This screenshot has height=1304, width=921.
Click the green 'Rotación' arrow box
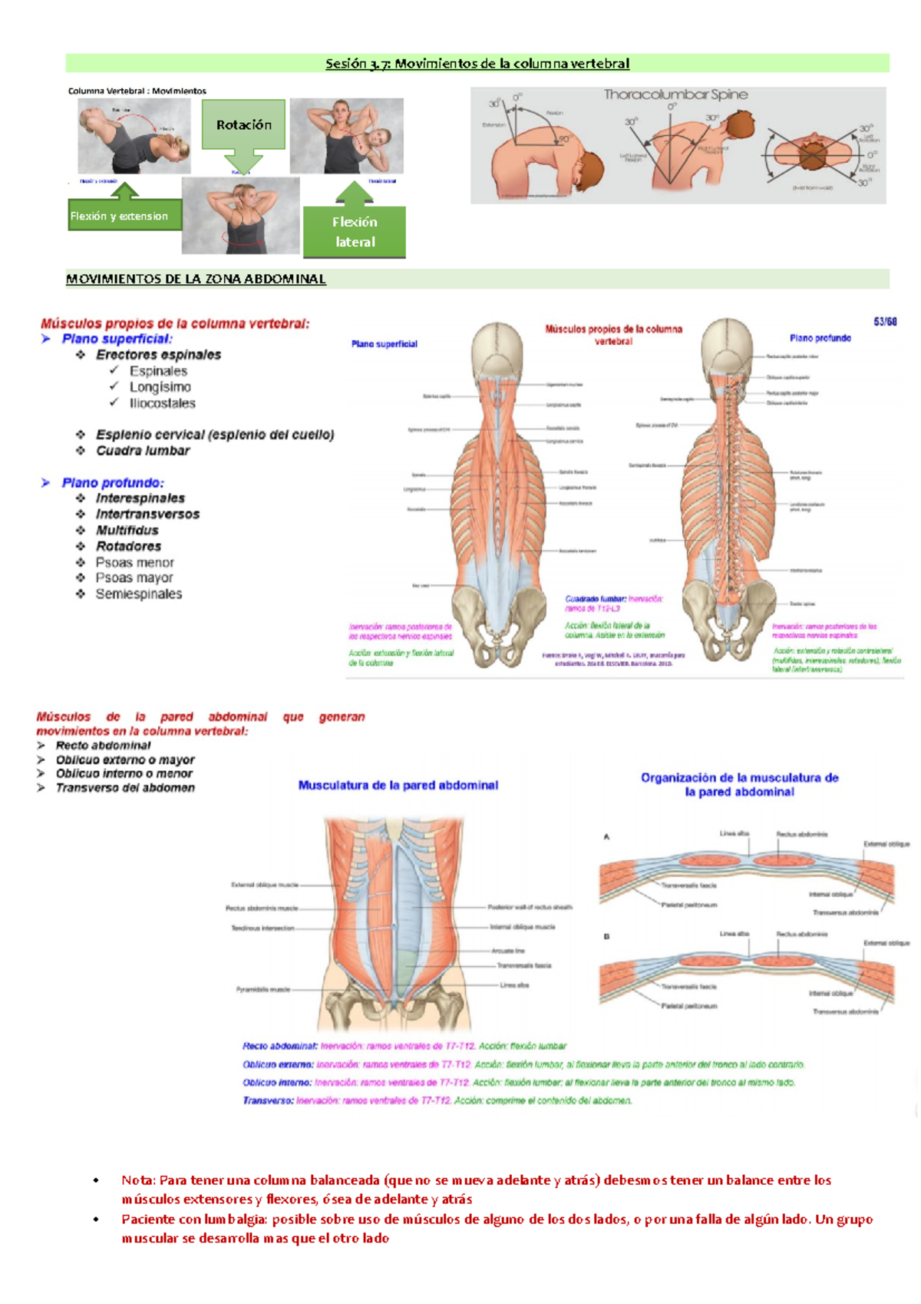243,125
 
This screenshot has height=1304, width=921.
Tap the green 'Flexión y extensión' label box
124,216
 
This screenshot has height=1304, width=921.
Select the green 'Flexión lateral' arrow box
354,231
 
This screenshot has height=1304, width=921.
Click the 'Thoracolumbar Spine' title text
675,94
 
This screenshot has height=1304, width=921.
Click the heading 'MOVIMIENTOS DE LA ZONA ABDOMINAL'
196,279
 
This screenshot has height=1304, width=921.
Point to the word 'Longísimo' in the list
160,387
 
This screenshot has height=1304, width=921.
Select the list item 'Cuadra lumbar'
143,451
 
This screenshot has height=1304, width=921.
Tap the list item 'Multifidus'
127,531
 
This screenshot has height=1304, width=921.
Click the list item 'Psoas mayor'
134,578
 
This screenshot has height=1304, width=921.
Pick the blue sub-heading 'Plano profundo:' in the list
113,483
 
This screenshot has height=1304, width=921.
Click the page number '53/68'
884,322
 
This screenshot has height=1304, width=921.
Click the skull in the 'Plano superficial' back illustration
497,349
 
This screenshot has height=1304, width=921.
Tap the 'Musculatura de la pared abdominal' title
398,785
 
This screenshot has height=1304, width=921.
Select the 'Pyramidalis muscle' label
263,989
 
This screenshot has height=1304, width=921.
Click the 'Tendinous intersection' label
263,928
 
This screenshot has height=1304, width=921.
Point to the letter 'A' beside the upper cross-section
606,836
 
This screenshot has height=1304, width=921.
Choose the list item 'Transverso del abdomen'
125,788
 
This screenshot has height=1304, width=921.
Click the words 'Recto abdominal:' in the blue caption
279,1046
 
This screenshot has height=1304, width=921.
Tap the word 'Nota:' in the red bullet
138,1180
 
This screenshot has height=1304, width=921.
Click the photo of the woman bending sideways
346,136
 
